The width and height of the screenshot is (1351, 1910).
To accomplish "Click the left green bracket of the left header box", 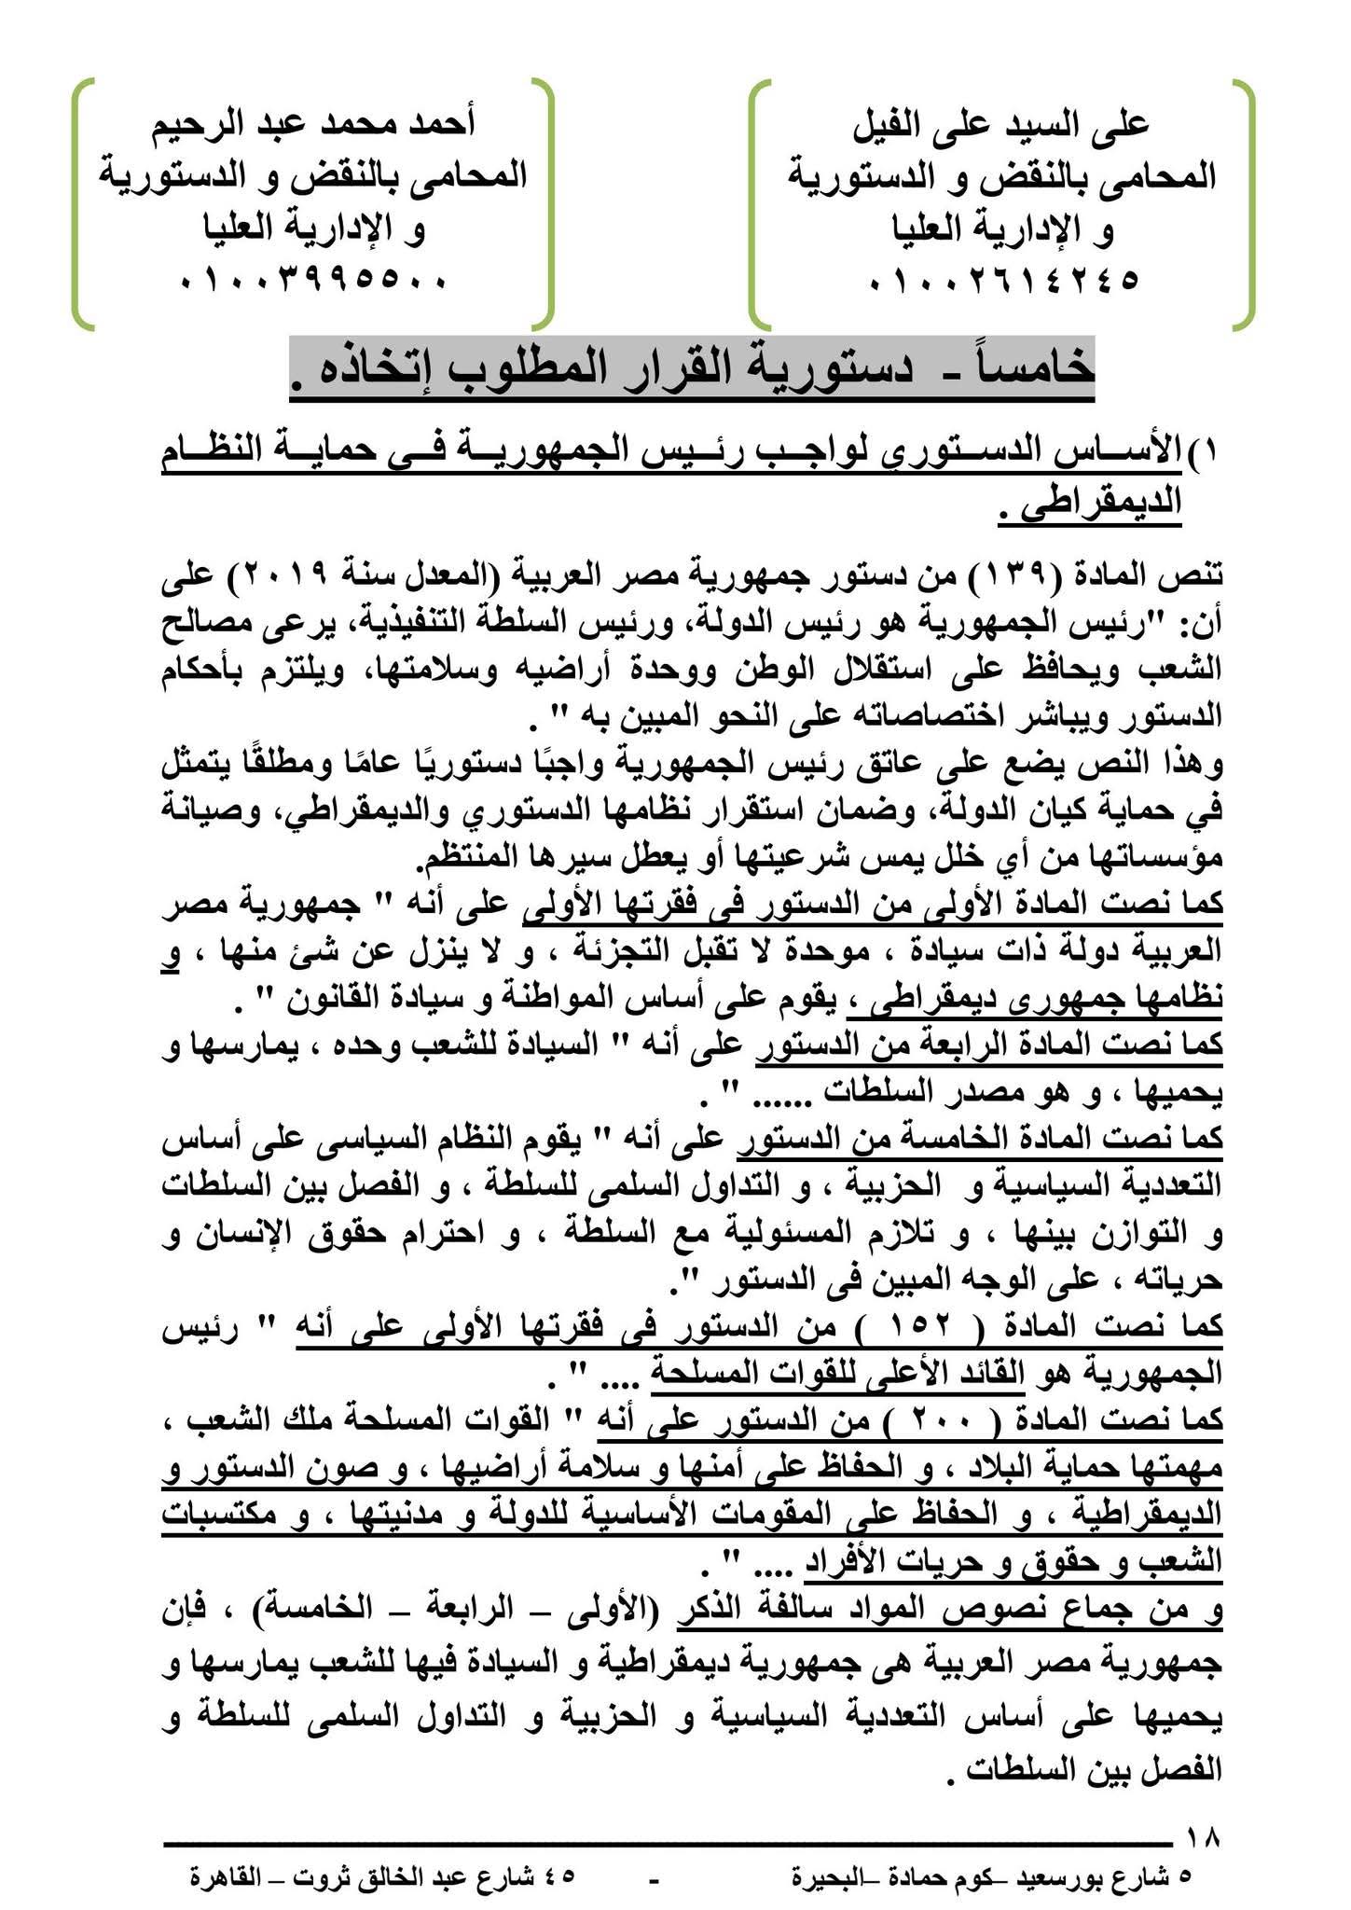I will coord(82,205).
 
